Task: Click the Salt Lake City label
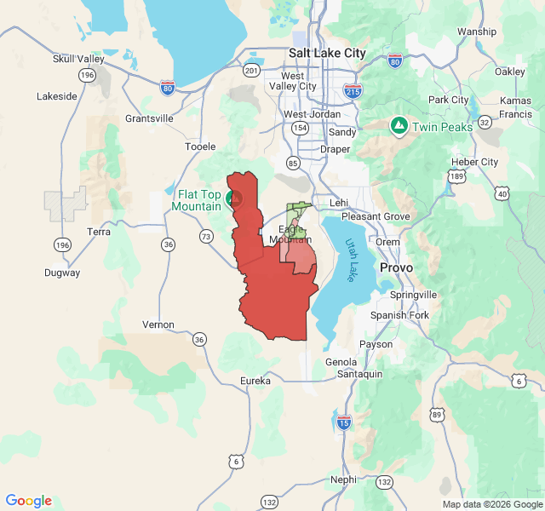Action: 327,53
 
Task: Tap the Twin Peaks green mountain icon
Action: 398,126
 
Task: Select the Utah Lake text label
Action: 353,260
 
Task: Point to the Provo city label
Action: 396,267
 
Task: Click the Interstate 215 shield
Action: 353,89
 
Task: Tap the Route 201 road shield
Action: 251,69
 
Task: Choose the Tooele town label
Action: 200,146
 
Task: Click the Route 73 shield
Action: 206,236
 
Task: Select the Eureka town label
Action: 255,381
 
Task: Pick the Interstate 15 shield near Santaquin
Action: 343,422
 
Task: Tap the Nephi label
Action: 343,479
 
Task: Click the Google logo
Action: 29,501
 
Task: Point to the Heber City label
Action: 477,162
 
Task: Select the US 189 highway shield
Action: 458,176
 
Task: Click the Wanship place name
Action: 476,32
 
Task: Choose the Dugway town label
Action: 62,273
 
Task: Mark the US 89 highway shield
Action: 437,415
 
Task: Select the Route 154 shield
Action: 300,128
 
